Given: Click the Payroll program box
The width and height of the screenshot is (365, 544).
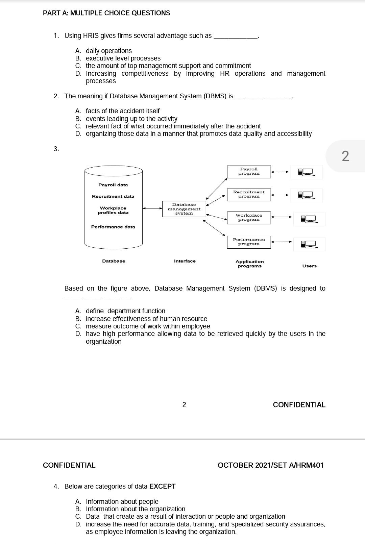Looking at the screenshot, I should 249,171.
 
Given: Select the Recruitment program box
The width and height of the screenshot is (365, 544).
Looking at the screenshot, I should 249,194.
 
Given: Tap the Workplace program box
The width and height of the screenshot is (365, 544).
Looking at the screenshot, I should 249,218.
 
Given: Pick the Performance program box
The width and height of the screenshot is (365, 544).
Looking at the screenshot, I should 249,242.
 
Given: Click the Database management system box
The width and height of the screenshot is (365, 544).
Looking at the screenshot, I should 184,209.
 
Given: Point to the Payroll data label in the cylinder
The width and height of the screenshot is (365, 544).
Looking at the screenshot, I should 113,185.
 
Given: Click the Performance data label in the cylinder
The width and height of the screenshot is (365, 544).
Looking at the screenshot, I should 113,227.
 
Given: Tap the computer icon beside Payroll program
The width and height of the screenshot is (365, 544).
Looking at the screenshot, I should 306,172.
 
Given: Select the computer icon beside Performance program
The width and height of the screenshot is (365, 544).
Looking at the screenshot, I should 309,244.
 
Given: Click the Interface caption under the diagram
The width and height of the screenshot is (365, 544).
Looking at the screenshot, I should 185,261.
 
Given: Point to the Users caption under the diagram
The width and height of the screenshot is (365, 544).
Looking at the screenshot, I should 309,266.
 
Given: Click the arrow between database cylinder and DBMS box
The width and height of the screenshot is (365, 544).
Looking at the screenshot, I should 152,208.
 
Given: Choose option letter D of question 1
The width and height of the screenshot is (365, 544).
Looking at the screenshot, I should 78,74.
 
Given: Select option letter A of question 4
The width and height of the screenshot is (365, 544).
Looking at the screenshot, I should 78,502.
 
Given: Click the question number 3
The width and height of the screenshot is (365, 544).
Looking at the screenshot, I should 56,149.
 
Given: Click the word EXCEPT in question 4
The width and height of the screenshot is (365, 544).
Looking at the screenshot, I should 162,487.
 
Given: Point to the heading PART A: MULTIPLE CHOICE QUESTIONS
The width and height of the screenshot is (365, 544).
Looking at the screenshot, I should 106,13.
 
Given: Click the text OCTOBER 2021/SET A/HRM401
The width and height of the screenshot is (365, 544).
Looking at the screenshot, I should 270,465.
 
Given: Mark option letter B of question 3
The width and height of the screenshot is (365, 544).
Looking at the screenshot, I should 78,319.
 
